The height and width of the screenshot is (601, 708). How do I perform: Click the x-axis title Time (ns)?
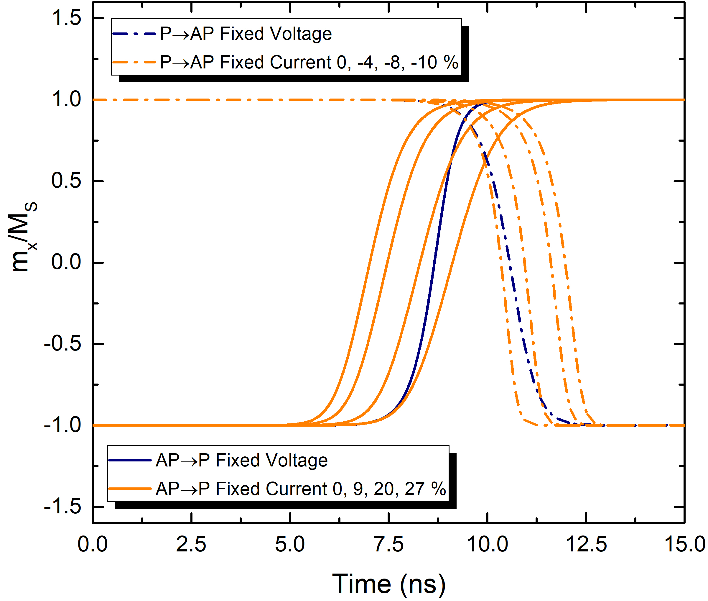click(x=388, y=584)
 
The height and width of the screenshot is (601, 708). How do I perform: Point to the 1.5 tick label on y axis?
click(x=66, y=17)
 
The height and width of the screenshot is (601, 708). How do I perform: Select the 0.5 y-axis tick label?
click(x=66, y=180)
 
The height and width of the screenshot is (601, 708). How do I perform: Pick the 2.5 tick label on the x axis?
click(x=191, y=544)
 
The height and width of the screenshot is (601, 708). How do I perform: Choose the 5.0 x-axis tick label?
click(x=290, y=544)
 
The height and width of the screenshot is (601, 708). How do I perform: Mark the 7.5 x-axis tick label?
click(x=389, y=544)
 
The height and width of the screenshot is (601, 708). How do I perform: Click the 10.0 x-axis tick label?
click(x=488, y=544)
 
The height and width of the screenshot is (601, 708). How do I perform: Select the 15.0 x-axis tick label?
click(x=685, y=544)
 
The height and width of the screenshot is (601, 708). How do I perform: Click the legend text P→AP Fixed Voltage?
click(x=246, y=34)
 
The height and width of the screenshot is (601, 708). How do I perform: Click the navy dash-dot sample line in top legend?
click(x=134, y=34)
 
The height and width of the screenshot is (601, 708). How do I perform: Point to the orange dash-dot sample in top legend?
click(x=134, y=62)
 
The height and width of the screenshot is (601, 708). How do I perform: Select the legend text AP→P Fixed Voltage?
click(x=242, y=460)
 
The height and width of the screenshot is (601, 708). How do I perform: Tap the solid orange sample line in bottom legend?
click(x=130, y=489)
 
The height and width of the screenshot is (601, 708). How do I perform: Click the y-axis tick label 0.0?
click(x=66, y=262)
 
